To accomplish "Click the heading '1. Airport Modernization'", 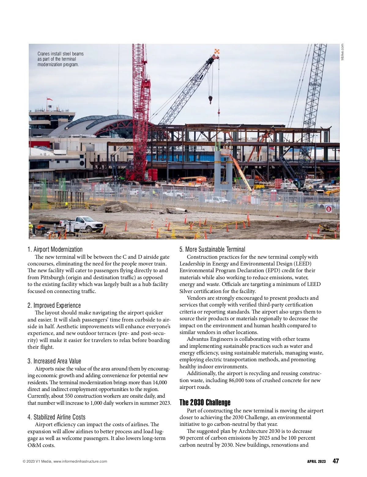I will click(55, 250).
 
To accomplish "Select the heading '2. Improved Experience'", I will click(54, 306).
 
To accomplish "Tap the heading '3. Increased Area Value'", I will click(54, 361).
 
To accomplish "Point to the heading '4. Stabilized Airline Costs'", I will click(56, 417).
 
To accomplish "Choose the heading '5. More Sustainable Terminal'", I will click(212, 250).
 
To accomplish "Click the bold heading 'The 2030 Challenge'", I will click(205, 403).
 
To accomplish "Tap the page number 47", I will click(335, 461).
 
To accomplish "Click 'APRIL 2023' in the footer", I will click(316, 462).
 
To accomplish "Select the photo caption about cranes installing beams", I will click(61, 59).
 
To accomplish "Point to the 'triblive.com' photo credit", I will click(342, 52).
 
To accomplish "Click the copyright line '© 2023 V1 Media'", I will click(65, 462).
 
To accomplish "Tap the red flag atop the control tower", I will click(49, 99).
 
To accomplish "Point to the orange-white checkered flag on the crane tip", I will click(217, 51).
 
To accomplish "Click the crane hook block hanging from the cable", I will click(210, 99).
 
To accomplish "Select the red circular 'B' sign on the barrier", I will click(329, 209).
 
